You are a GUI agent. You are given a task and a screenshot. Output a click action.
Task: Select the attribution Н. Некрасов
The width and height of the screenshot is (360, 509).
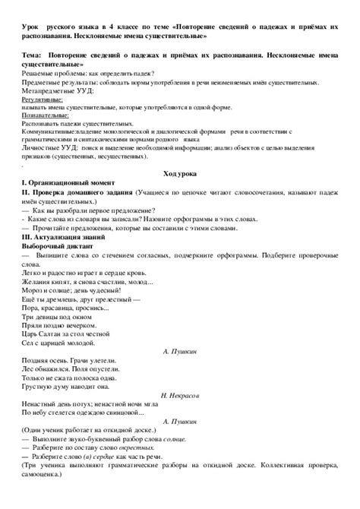pyautogui.click(x=180, y=395)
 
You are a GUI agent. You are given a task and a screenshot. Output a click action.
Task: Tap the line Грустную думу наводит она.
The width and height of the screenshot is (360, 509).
pyautogui.click(x=68, y=378)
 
